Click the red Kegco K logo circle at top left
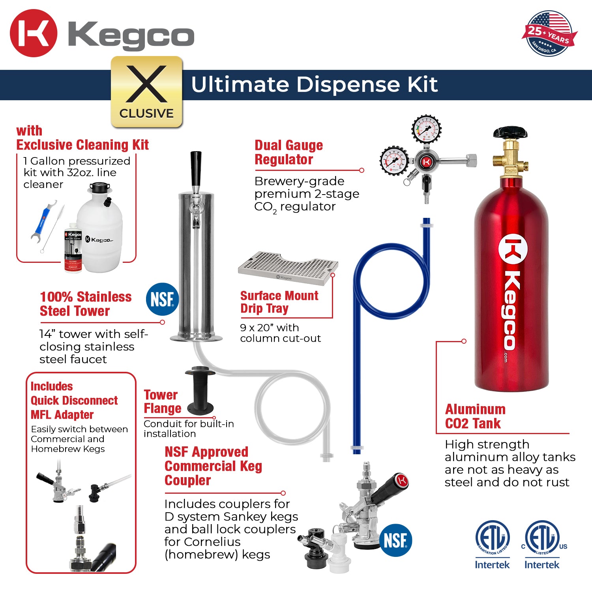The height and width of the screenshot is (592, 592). [x=34, y=33]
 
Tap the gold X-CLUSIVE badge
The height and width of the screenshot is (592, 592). [x=146, y=92]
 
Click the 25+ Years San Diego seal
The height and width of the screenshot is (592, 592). [x=549, y=34]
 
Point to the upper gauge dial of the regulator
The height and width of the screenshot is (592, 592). [x=426, y=129]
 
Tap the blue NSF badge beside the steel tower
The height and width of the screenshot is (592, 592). [x=162, y=299]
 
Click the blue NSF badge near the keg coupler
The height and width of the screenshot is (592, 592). [x=395, y=540]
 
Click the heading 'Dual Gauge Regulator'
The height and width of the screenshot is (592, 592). [x=289, y=152]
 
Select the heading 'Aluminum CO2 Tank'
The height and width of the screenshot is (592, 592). [x=475, y=416]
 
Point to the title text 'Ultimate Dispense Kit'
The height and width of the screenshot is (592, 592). [x=314, y=84]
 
